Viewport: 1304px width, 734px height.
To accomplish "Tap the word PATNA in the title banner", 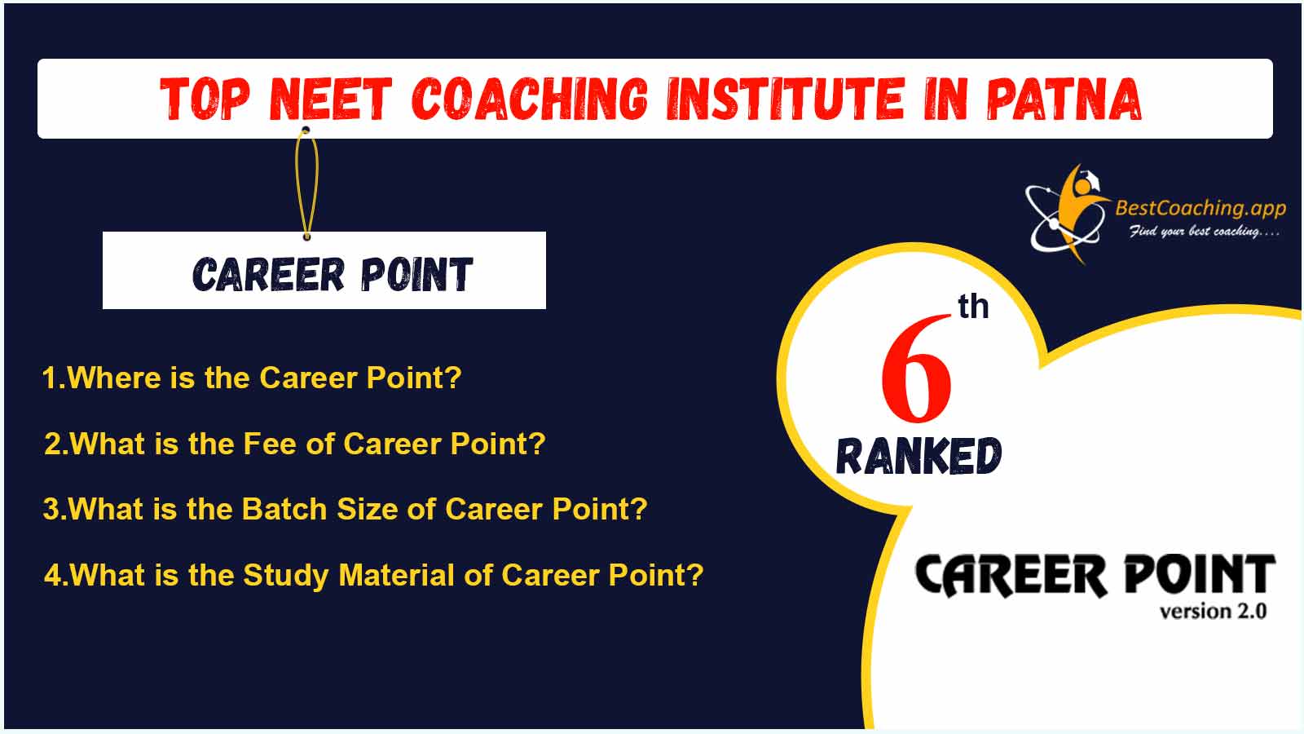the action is pos(1064,99).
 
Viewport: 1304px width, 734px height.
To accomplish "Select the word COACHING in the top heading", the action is pos(530,99).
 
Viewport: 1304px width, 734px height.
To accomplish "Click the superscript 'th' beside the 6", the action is pos(973,307).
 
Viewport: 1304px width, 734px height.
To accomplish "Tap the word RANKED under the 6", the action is pos(919,456).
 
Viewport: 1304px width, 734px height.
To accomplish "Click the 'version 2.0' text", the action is pos(1214,612).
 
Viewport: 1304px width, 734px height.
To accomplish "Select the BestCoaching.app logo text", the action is pos(1200,208).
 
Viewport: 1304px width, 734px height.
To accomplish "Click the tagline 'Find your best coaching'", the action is pos(1204,232).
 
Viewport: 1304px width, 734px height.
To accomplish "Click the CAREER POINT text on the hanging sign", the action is pos(333,274).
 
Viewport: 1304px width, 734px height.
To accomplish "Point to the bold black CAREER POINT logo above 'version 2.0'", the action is pos(1095,575).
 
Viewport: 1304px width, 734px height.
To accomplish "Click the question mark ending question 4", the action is pos(696,574).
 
